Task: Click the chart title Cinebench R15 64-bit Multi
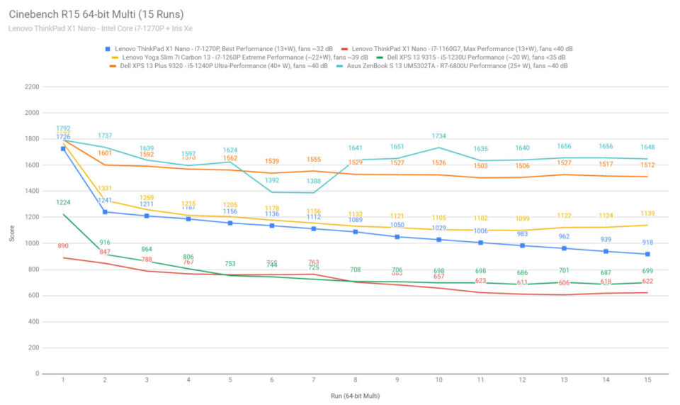pyautogui.click(x=96, y=13)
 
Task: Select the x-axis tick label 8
pyautogui.click(x=355, y=381)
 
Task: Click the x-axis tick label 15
pyautogui.click(x=648, y=381)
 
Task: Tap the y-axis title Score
pyautogui.click(x=12, y=233)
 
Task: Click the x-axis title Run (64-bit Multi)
pyautogui.click(x=355, y=395)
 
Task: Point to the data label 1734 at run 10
pyautogui.click(x=439, y=136)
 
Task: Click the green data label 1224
pyautogui.click(x=63, y=203)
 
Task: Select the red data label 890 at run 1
pyautogui.click(x=63, y=246)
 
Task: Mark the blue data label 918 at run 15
pyautogui.click(x=648, y=243)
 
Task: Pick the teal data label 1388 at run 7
pyautogui.click(x=314, y=181)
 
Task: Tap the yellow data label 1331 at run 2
pyautogui.click(x=105, y=189)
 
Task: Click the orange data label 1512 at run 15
pyautogui.click(x=648, y=165)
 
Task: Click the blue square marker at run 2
pyautogui.click(x=105, y=212)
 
